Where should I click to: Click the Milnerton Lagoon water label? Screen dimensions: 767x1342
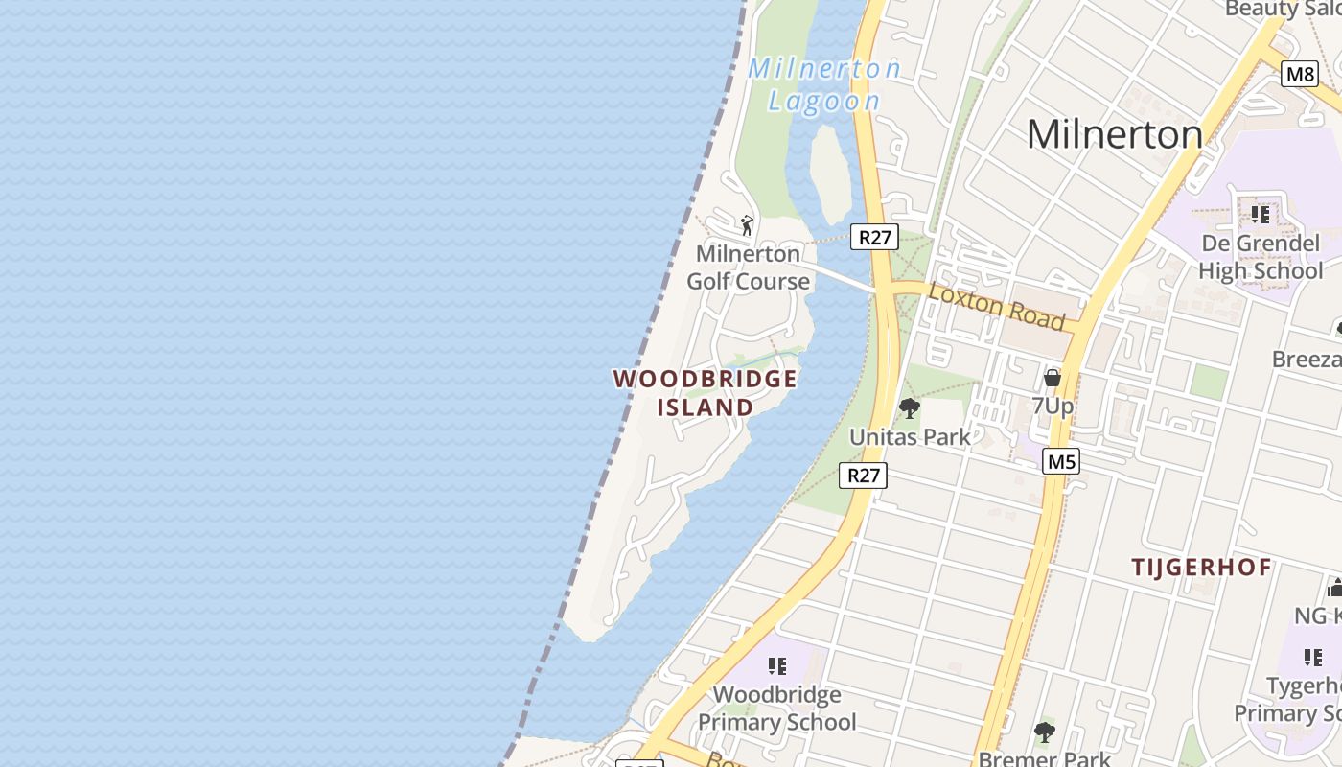point(824,84)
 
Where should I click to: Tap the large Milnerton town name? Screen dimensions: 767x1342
point(1114,134)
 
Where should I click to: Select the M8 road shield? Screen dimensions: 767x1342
point(1299,74)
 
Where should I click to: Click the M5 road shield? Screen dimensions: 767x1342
point(1061,462)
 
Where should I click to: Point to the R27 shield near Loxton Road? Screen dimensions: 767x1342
point(874,237)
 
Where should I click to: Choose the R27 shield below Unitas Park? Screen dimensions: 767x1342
point(863,475)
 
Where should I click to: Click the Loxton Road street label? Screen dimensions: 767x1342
point(997,306)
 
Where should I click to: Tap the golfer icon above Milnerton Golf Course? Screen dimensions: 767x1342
point(747,225)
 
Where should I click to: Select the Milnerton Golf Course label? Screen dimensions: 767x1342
point(748,267)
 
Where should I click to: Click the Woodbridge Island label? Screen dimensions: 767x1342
point(706,392)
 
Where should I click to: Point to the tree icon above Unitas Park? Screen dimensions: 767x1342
point(909,409)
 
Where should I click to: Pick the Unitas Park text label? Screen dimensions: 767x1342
point(910,437)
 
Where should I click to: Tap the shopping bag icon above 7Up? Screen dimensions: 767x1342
point(1052,377)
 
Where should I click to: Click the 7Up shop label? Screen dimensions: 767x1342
point(1052,406)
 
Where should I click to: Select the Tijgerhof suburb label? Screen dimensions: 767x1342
point(1201,568)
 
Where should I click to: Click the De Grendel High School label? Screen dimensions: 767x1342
point(1261,257)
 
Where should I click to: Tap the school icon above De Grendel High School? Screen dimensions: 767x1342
point(1260,214)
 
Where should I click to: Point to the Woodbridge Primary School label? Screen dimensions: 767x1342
point(776,708)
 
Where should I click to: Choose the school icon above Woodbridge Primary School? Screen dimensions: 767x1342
point(776,665)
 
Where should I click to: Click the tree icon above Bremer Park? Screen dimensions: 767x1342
point(1044,733)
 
